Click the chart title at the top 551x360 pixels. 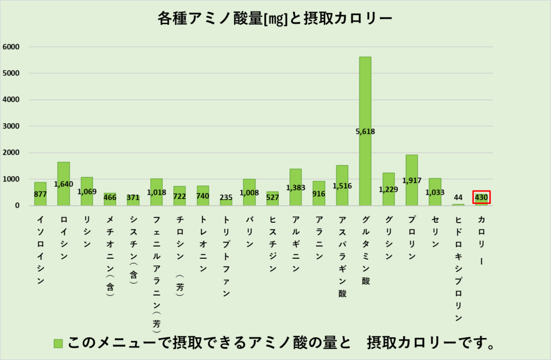[275, 18]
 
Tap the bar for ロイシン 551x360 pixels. [63, 172]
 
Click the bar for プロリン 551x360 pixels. [412, 167]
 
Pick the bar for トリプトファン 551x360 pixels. [226, 202]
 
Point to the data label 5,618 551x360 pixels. [365, 131]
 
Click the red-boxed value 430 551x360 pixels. [482, 197]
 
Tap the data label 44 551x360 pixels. [458, 197]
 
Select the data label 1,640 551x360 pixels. [63, 184]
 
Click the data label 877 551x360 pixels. [40, 195]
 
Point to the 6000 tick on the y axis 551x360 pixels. [11, 47]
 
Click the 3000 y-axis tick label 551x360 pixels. [11, 126]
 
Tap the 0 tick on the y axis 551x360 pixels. [17, 206]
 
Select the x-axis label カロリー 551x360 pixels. [481, 239]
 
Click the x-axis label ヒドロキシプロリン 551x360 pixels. [458, 269]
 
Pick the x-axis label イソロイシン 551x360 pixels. [40, 250]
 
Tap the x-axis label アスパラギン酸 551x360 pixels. [342, 256]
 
